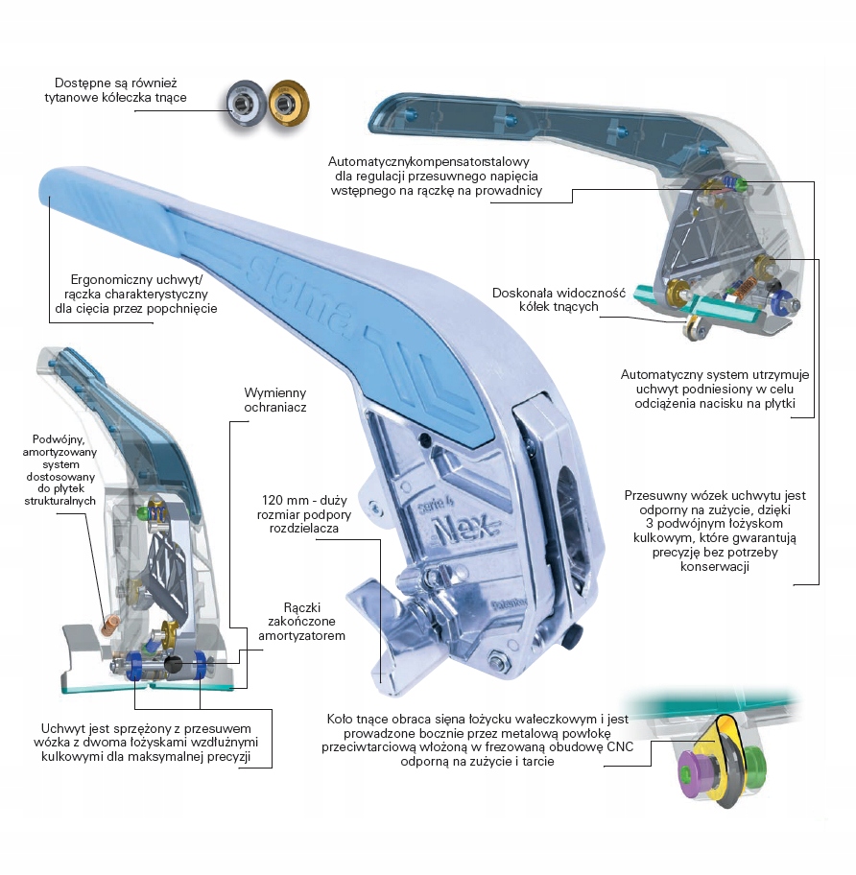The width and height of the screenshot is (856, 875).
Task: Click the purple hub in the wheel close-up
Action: [x=691, y=772]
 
